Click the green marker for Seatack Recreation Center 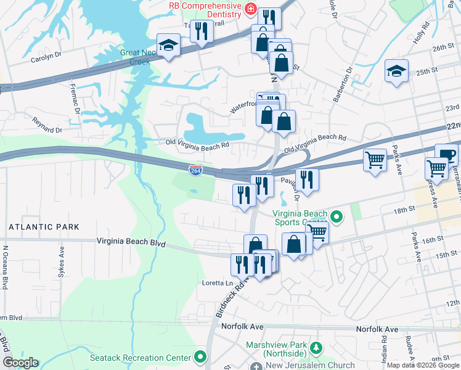coord(200,357)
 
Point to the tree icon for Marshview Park coord(316,349)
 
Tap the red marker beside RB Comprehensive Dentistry coord(250,8)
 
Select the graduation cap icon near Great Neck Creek coord(168,45)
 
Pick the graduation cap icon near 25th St coord(396,71)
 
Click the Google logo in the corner coord(20,363)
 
